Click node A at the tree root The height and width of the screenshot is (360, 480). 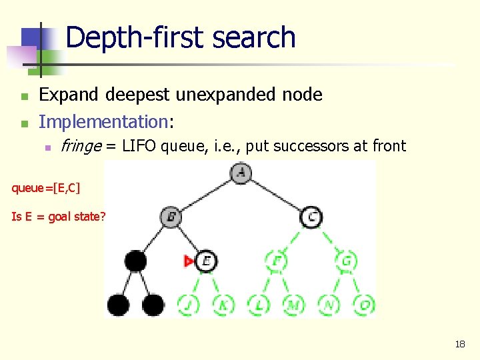[x=241, y=173]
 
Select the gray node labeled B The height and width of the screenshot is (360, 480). [x=171, y=217]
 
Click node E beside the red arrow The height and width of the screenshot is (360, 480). [x=206, y=261]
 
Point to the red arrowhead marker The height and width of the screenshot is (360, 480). [x=189, y=261]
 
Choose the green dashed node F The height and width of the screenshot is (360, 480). [x=276, y=261]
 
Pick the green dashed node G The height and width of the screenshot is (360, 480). [x=346, y=261]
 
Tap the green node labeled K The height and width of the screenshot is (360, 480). [x=223, y=305]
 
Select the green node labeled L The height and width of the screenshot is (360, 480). [x=259, y=305]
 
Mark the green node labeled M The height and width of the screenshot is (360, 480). [x=293, y=305]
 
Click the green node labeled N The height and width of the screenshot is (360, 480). [x=329, y=305]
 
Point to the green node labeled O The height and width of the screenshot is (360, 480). [x=363, y=305]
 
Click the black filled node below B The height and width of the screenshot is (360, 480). [x=136, y=261]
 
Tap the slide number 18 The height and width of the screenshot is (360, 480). [x=459, y=344]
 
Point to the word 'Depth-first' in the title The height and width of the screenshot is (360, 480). [x=127, y=37]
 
